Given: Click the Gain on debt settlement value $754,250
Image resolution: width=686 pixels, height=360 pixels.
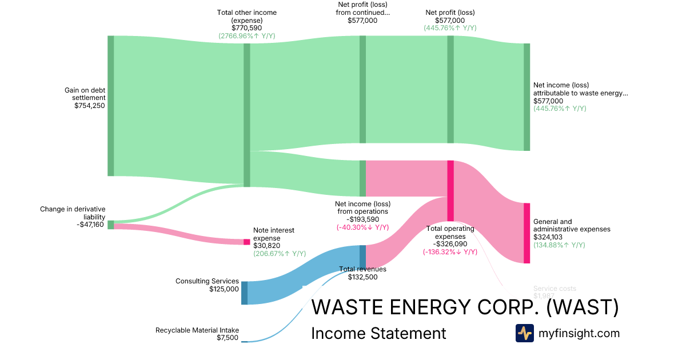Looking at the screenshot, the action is click(x=90, y=105).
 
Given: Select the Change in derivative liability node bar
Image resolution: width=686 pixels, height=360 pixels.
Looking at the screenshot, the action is click(x=111, y=225).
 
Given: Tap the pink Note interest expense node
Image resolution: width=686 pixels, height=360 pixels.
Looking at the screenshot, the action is click(x=247, y=242).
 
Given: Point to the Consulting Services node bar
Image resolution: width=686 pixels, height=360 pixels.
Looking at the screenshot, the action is click(x=244, y=293).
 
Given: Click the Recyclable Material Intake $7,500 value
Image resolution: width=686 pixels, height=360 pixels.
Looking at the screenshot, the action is click(x=228, y=338).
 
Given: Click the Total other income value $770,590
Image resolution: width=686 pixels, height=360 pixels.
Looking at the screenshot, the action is click(x=246, y=27).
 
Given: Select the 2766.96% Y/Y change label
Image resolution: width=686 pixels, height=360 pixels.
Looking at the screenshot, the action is click(x=246, y=35).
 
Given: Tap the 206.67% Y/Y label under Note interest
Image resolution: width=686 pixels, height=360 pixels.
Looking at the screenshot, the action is click(x=280, y=254).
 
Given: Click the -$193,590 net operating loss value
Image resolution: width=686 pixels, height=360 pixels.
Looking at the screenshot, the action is click(x=362, y=219).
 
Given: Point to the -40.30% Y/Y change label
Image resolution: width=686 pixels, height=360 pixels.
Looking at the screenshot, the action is click(x=362, y=227).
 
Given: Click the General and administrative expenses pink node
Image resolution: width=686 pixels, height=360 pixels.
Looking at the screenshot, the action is click(x=527, y=233).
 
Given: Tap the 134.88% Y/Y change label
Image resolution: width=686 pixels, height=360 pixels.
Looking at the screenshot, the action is click(x=559, y=245).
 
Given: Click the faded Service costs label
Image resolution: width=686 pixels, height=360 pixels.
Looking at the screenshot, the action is click(x=555, y=289).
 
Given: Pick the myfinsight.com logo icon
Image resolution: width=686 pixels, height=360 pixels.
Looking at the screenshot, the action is click(x=524, y=333).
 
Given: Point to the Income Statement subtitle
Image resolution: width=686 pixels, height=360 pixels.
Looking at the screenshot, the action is click(x=378, y=333).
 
